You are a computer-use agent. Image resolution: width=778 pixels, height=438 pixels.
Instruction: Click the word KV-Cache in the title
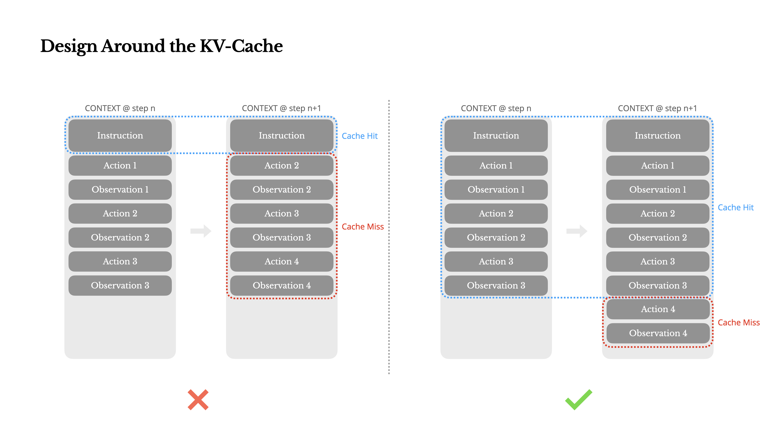click(x=241, y=46)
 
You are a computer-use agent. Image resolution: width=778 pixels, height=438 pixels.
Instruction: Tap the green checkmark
click(x=578, y=400)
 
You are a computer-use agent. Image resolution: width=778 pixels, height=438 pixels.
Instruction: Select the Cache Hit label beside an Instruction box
click(x=359, y=136)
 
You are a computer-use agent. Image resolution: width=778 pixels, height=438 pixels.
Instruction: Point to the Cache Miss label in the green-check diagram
click(x=738, y=323)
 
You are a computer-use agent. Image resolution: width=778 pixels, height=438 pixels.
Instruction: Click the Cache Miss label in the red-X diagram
click(x=362, y=227)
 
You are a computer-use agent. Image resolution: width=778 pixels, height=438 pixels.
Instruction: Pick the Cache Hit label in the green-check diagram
click(x=735, y=207)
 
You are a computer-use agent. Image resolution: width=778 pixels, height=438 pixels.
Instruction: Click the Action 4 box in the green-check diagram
click(x=658, y=309)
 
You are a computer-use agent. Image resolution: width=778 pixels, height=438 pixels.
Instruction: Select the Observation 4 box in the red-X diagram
click(x=281, y=285)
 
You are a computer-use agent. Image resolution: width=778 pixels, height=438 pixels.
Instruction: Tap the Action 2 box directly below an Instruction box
click(x=281, y=165)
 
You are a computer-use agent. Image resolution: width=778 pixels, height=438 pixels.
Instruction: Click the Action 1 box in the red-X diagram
click(x=120, y=165)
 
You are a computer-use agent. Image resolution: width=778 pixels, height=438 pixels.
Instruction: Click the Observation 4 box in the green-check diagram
click(x=658, y=333)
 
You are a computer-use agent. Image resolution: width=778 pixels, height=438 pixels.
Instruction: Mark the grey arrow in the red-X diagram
click(x=201, y=231)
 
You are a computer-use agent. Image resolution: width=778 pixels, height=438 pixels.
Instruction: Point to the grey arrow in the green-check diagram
click(x=577, y=231)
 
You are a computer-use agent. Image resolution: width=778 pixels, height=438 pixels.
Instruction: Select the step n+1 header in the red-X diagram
click(x=281, y=108)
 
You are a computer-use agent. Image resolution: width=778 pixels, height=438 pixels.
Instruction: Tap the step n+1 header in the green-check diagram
click(x=657, y=108)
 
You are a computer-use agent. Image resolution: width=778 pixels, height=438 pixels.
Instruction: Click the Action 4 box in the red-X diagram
click(x=281, y=261)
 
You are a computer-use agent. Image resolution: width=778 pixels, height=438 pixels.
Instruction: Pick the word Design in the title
click(x=69, y=46)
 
